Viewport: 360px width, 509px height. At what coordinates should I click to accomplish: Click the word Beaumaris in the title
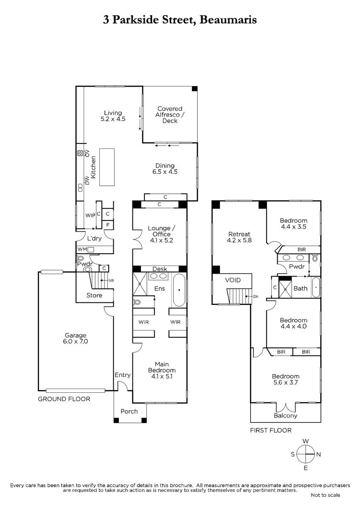pyautogui.click(x=228, y=20)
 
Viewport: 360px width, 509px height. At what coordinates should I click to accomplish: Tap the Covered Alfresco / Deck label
pyautogui.click(x=170, y=115)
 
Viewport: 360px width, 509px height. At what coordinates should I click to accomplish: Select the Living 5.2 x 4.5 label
pyautogui.click(x=113, y=116)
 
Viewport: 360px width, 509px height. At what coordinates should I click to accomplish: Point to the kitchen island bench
pyautogui.click(x=107, y=167)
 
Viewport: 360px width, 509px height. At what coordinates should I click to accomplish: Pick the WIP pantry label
pyautogui.click(x=90, y=215)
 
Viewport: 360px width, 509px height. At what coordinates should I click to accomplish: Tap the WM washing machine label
pyautogui.click(x=82, y=249)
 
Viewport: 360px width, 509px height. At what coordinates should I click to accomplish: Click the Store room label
pyautogui.click(x=94, y=295)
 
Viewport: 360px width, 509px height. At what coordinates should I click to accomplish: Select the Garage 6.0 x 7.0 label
pyautogui.click(x=76, y=338)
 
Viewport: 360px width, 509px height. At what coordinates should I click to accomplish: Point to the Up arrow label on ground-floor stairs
pyautogui.click(x=111, y=280)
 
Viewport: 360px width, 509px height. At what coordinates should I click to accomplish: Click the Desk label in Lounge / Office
pyautogui.click(x=160, y=269)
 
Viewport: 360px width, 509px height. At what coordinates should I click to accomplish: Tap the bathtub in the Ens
pyautogui.click(x=179, y=290)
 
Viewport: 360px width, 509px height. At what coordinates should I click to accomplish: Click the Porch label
pyautogui.click(x=129, y=411)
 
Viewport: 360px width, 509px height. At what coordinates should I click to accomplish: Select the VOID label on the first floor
pyautogui.click(x=233, y=280)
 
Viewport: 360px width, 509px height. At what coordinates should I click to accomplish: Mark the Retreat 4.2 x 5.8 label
pyautogui.click(x=239, y=237)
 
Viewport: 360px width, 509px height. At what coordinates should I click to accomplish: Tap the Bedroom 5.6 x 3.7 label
pyautogui.click(x=286, y=379)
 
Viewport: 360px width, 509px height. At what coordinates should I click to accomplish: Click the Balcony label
pyautogui.click(x=286, y=416)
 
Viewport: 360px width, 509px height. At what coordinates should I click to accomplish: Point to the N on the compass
pyautogui.click(x=319, y=454)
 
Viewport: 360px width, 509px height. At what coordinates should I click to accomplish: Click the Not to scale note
pyautogui.click(x=326, y=495)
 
